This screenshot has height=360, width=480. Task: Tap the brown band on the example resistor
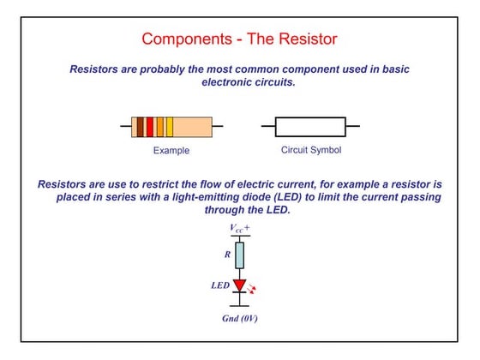[x=140, y=127]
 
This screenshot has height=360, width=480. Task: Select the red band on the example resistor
[x=150, y=127]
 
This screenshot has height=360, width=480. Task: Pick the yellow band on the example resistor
[x=170, y=127]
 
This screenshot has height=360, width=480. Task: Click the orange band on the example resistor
[x=160, y=127]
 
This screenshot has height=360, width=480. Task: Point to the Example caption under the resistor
[x=171, y=151]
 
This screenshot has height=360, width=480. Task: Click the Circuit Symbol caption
[x=310, y=150]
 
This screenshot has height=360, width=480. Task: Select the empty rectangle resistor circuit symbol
[x=310, y=127]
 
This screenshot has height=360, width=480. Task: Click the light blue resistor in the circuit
[x=240, y=255]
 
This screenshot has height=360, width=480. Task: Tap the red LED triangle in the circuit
[x=240, y=286]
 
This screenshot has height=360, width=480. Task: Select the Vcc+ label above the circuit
[x=240, y=228]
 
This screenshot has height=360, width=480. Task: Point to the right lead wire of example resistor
[x=218, y=127]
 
